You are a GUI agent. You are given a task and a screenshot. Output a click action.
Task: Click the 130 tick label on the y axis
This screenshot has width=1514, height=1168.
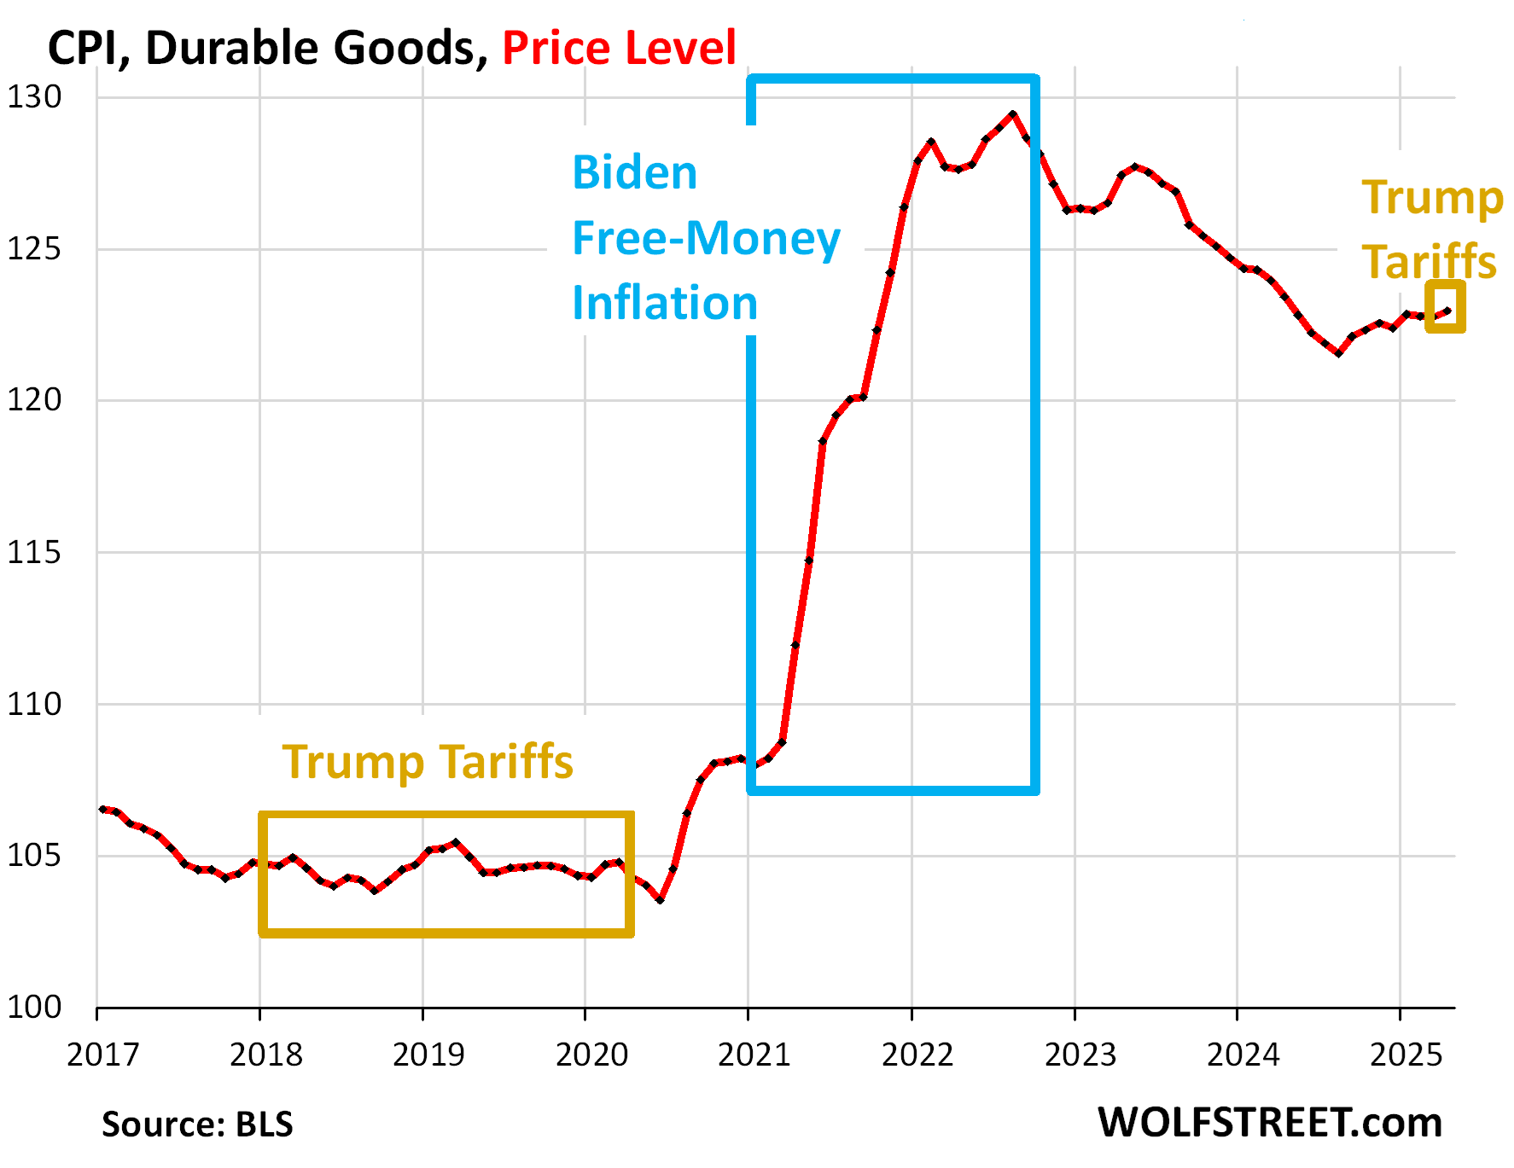[35, 97]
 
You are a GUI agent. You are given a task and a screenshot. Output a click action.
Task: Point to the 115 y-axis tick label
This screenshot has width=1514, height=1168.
[35, 553]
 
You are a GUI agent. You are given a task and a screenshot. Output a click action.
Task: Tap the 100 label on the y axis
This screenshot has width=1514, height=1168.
[35, 1008]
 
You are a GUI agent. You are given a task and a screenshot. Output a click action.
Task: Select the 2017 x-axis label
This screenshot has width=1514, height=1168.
[103, 1055]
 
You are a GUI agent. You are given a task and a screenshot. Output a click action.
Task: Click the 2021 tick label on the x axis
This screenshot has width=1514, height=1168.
[754, 1055]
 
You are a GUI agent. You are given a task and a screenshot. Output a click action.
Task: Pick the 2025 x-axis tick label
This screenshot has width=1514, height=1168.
[1406, 1055]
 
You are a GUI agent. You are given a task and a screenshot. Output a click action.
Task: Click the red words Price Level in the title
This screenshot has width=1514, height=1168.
[619, 48]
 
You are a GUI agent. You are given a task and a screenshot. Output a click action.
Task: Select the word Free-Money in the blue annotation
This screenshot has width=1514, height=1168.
[706, 238]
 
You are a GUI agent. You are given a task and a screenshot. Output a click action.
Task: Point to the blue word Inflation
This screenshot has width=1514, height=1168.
[665, 303]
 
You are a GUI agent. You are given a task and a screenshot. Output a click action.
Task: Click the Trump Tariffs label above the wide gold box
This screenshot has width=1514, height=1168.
[428, 762]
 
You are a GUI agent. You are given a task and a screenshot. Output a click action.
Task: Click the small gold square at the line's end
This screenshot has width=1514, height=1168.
[1446, 307]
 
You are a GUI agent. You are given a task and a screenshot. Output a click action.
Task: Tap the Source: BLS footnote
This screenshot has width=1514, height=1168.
[197, 1124]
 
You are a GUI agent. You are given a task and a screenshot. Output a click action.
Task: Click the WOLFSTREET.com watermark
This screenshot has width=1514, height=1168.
[1269, 1123]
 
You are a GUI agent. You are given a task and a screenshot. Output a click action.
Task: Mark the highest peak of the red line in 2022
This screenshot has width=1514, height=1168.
[1013, 113]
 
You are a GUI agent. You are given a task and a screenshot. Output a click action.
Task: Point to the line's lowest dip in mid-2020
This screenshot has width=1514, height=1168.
[660, 900]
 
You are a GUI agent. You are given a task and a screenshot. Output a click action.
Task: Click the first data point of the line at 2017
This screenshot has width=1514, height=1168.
[102, 809]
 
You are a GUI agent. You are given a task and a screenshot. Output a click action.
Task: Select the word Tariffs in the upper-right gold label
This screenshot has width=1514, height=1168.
[1429, 261]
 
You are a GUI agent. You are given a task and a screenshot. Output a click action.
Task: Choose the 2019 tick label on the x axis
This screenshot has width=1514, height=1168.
[428, 1055]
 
